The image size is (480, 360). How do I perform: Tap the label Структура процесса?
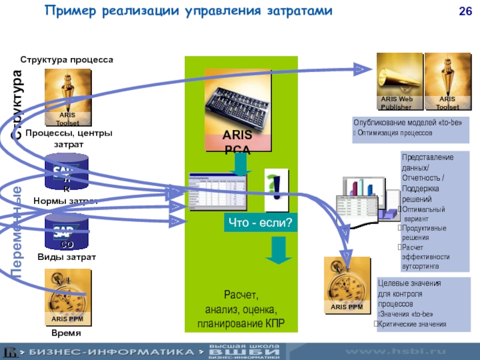pos(67,60)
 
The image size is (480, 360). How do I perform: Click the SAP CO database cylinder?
pos(67,231)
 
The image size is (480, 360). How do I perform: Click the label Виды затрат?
pos(67,257)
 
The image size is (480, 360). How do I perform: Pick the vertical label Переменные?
pos(17,234)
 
